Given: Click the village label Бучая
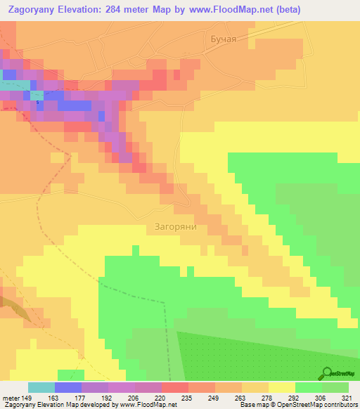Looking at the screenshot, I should point(224,39).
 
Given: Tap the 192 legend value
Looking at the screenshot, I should point(108,397).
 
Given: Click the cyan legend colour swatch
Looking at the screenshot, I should point(41,387).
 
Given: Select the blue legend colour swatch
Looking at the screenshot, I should point(67,387).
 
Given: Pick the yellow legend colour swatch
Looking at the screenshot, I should point(281,387).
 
